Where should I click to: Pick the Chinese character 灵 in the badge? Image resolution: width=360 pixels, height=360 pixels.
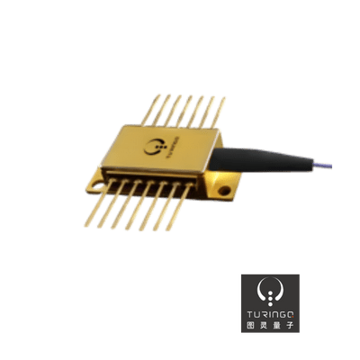(x=265, y=326)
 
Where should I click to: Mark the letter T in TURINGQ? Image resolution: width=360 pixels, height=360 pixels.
(x=251, y=312)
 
